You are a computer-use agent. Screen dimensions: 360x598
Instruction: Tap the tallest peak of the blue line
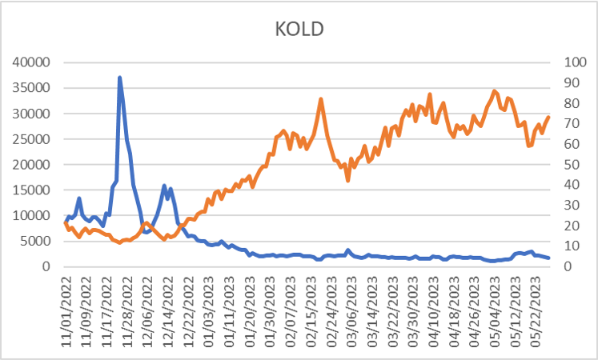click(x=119, y=78)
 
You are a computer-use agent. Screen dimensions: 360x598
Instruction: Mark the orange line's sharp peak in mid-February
click(x=321, y=99)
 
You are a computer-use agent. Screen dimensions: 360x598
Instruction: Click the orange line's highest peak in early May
click(x=495, y=91)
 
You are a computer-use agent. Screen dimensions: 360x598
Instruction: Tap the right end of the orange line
click(x=549, y=117)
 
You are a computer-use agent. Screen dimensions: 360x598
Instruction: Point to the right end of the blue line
click(x=549, y=258)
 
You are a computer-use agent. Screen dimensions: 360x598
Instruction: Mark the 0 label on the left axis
click(x=48, y=266)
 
